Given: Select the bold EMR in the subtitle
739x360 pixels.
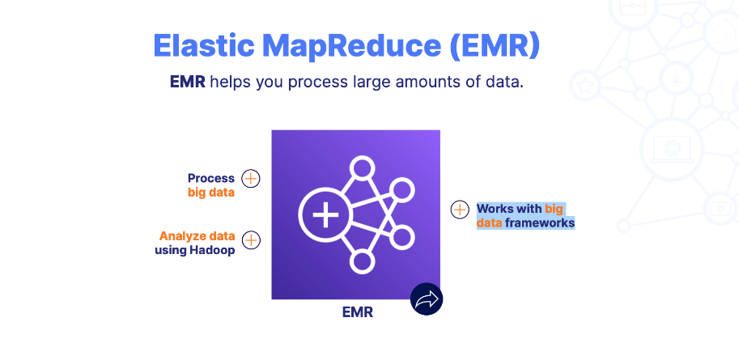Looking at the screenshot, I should (x=187, y=83).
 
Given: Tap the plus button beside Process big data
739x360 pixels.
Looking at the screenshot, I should (x=251, y=178).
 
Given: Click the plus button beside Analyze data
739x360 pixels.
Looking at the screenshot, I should (x=251, y=239).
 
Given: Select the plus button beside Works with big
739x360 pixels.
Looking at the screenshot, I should (x=460, y=210).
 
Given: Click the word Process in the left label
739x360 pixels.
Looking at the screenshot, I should (x=210, y=178).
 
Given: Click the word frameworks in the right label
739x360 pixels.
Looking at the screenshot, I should (x=540, y=222).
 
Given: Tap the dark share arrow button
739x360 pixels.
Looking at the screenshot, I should (x=426, y=299).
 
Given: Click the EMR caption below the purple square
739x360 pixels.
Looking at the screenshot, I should (x=357, y=312).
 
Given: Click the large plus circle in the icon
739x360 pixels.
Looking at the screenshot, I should (x=325, y=216).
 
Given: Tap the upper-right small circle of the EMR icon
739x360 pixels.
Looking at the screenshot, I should (x=401, y=191).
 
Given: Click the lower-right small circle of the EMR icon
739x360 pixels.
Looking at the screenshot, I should (x=401, y=238).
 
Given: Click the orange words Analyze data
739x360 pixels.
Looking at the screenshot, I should (x=197, y=236).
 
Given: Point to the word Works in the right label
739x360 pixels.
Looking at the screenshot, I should (x=495, y=208).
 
